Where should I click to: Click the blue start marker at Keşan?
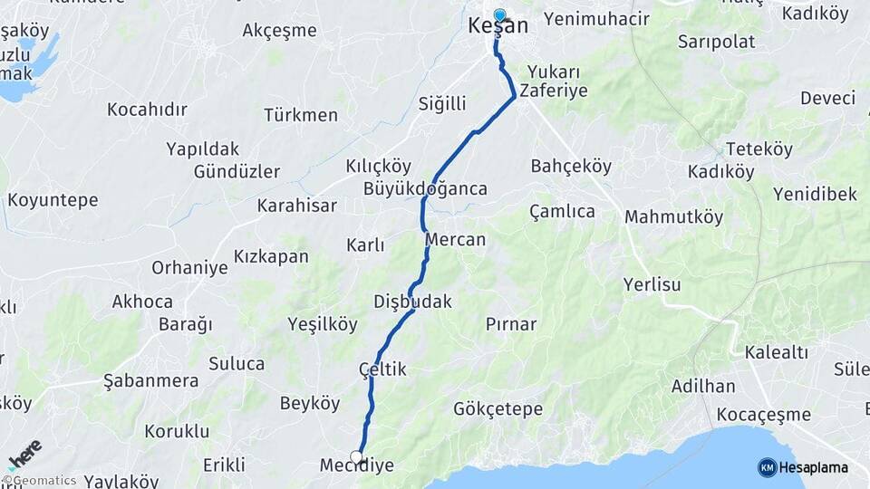pyautogui.click(x=499, y=14)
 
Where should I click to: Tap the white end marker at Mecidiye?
pyautogui.click(x=356, y=457)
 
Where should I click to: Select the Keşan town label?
pyautogui.click(x=498, y=27)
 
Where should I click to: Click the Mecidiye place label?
pyautogui.click(x=356, y=465)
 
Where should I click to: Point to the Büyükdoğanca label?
pyautogui.click(x=425, y=189)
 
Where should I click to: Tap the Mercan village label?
pyautogui.click(x=456, y=240)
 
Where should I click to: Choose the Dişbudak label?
pyautogui.click(x=412, y=302)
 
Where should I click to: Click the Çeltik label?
pyautogui.click(x=382, y=369)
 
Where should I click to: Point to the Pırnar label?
pyautogui.click(x=510, y=324)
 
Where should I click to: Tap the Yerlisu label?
pyautogui.click(x=652, y=284)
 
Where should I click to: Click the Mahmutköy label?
pyautogui.click(x=674, y=217)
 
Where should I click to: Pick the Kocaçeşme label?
pyautogui.click(x=763, y=415)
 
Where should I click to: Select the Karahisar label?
pyautogui.click(x=297, y=206)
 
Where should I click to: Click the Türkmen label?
pyautogui.click(x=301, y=115)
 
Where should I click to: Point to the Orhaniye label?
pyautogui.click(x=189, y=268)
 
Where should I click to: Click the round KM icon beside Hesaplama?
pyautogui.click(x=767, y=467)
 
